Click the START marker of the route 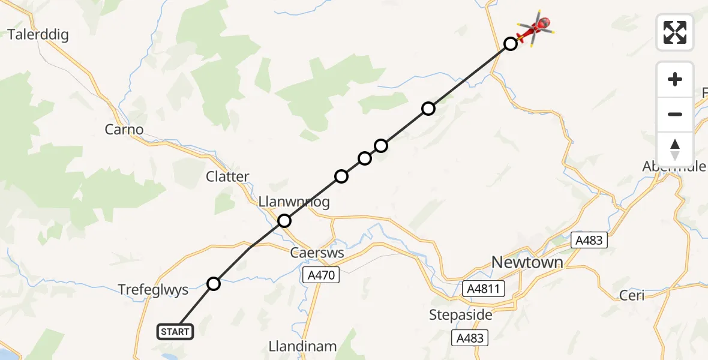point(176,332)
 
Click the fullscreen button point(675,32)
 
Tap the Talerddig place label point(38,34)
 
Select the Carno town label point(124,129)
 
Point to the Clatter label point(227,176)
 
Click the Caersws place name point(317,253)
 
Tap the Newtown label point(527,262)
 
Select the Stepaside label point(461,314)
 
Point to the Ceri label point(632,295)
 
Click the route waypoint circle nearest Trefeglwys point(214,284)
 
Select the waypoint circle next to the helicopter point(510,44)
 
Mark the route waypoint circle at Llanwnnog point(284,221)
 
